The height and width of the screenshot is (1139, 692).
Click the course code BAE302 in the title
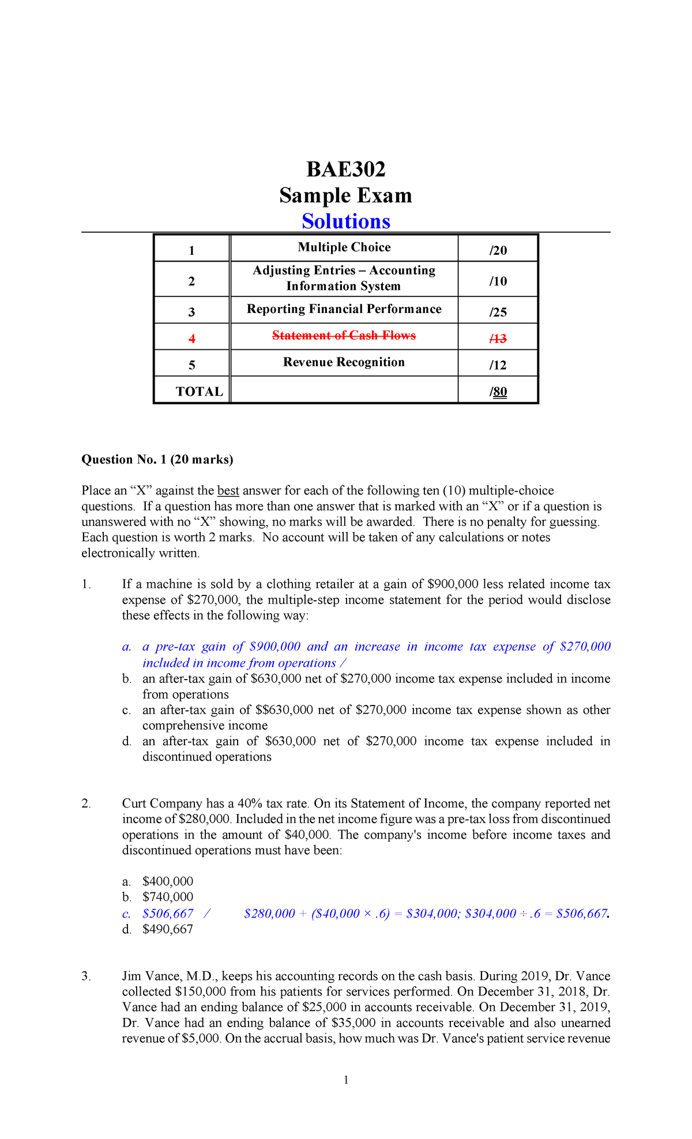click(345, 169)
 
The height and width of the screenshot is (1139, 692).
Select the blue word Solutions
click(346, 221)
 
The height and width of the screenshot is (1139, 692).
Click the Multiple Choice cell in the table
click(344, 247)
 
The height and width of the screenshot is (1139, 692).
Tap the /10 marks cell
click(498, 281)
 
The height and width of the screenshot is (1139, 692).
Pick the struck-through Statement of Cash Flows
click(344, 335)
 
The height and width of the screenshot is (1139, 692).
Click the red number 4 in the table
click(192, 339)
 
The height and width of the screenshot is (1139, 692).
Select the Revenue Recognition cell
click(344, 363)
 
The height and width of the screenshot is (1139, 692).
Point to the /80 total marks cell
click(499, 392)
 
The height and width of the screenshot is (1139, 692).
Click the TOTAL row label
click(200, 392)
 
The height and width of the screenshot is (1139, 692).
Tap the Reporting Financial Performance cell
click(344, 309)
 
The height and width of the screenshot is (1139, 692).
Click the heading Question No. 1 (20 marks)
click(157, 459)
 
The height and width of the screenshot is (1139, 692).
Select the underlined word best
click(228, 491)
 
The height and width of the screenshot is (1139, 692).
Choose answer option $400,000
click(168, 881)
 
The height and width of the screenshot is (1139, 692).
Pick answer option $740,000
click(168, 897)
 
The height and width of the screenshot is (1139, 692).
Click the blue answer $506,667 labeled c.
click(168, 914)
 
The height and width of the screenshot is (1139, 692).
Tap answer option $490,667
click(168, 929)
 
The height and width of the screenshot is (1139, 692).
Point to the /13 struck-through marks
click(498, 339)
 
